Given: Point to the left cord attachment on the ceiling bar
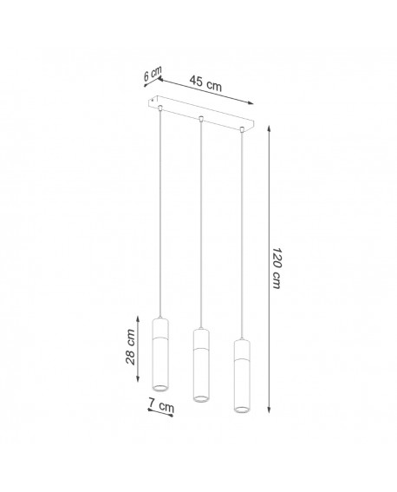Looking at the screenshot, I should [160, 108].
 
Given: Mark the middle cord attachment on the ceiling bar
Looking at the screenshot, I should [200, 117].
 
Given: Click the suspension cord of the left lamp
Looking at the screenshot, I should [160, 217].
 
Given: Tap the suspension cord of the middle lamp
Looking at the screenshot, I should [200, 226].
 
